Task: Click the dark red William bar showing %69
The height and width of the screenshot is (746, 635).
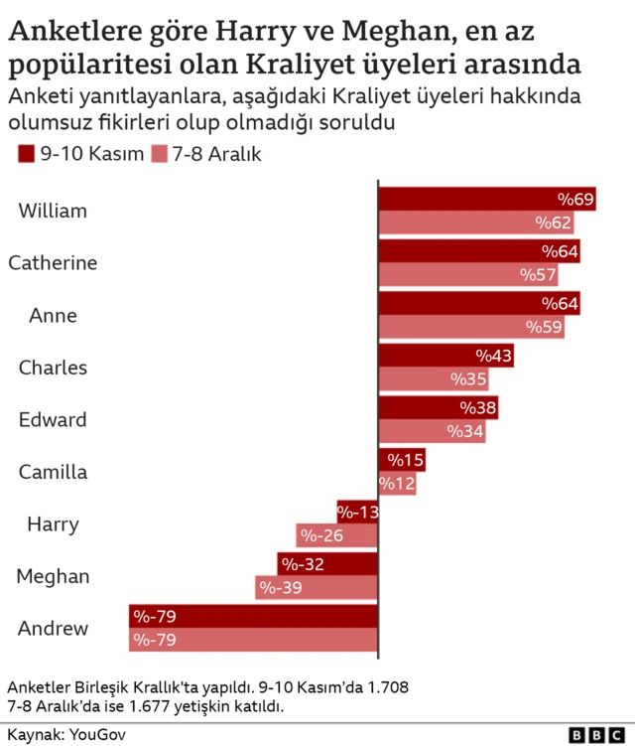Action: coord(486,199)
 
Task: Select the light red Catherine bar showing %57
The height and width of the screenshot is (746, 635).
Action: coord(468,275)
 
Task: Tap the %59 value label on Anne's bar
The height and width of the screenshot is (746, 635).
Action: coord(544,327)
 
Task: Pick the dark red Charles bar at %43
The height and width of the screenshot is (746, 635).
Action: coord(446,355)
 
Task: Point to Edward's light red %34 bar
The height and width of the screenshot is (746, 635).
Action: coord(432,431)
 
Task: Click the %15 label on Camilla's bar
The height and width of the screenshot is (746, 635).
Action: coord(406,460)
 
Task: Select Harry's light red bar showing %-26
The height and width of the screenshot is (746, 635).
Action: coord(337,536)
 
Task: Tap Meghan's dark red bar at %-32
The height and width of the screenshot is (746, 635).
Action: coord(327,564)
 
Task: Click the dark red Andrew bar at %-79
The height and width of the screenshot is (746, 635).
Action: coord(253,616)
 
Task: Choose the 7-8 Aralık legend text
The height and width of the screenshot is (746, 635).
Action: coord(216,154)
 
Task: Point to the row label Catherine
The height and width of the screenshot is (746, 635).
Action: coord(53,263)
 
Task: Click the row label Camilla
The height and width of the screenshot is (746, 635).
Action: coord(53,472)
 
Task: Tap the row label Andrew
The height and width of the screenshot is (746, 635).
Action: coord(53,628)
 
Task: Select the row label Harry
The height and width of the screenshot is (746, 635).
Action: coord(53,523)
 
